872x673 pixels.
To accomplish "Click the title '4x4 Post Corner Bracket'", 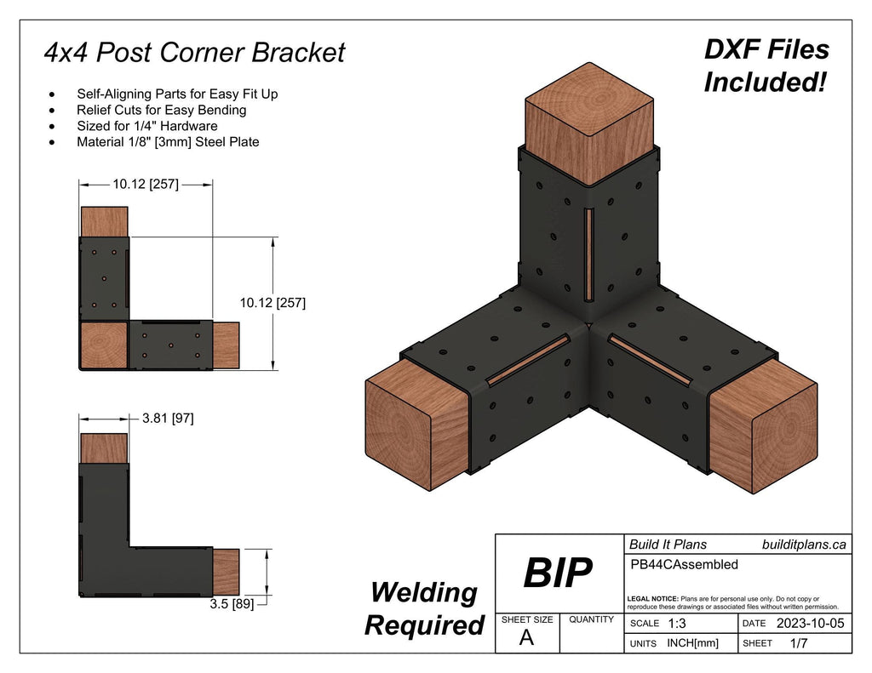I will (194, 53).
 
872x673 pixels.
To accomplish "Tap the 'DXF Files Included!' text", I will (766, 66).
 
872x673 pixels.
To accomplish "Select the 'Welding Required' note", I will (424, 608).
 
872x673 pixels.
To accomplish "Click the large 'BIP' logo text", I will (557, 574).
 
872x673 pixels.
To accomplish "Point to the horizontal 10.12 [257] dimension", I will (146, 183).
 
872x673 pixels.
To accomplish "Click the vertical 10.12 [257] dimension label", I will (272, 302).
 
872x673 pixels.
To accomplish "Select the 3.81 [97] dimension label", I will (168, 419).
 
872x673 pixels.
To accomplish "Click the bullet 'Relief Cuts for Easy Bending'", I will (161, 110).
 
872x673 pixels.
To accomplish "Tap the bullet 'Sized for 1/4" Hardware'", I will (146, 126).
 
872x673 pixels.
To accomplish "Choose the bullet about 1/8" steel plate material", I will (168, 142).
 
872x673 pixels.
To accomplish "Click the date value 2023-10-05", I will (809, 624).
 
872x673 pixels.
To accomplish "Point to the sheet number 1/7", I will (799, 644).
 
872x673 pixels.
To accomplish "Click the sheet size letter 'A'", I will (526, 639).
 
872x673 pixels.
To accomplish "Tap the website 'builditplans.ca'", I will (803, 545).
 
